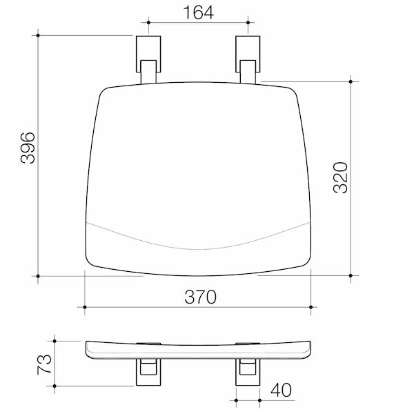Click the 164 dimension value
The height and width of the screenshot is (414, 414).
(x=198, y=12)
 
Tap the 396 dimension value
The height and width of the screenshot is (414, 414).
(x=28, y=148)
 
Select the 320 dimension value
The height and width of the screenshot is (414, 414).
(x=340, y=178)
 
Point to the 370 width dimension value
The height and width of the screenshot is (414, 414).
(x=200, y=297)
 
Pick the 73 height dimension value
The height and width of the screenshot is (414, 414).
(x=44, y=364)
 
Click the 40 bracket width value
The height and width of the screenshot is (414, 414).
(x=282, y=390)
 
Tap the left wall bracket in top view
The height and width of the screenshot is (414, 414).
(x=148, y=59)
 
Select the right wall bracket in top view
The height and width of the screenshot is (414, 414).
(x=248, y=59)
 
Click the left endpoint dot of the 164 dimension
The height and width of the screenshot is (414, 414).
(x=148, y=23)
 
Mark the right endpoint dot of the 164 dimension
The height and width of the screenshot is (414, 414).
(x=248, y=23)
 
